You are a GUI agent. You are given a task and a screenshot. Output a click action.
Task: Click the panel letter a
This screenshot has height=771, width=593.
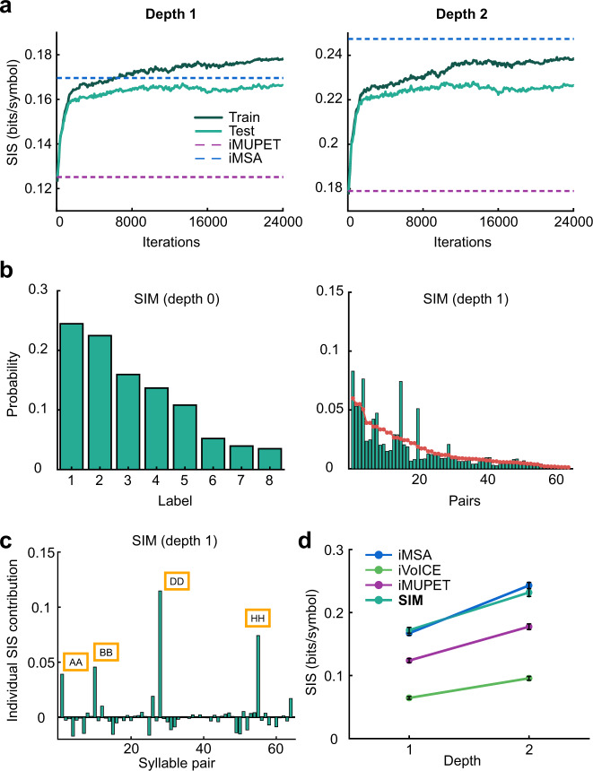click(10, 11)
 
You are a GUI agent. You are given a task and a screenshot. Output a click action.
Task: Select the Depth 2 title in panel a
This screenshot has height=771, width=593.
click(459, 13)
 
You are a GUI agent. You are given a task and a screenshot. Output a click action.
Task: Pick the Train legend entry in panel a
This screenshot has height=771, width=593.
click(216, 117)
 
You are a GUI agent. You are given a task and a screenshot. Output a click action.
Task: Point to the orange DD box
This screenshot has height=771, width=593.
click(178, 581)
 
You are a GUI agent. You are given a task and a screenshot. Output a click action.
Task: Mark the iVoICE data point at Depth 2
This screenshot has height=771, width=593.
click(529, 678)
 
